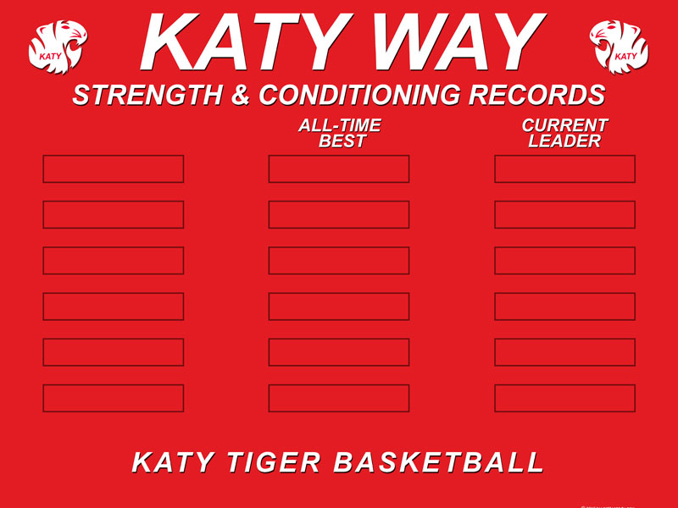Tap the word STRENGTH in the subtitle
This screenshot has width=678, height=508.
[x=147, y=95]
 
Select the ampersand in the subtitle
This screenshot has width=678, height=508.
[x=241, y=95]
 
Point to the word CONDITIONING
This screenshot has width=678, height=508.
[x=359, y=95]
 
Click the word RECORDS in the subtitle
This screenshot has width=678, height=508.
[x=537, y=95]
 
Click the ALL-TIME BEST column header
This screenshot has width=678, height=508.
[x=340, y=134]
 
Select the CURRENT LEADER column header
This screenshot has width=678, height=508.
[x=564, y=134]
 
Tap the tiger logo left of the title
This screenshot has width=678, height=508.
[x=58, y=47]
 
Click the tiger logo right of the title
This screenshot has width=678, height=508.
[x=619, y=47]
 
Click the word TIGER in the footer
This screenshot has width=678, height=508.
[x=274, y=462]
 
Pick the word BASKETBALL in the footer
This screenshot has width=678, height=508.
[x=439, y=462]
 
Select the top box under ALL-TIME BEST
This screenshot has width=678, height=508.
[x=339, y=168]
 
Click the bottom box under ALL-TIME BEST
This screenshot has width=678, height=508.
[x=339, y=398]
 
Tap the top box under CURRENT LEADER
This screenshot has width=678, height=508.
[x=564, y=168]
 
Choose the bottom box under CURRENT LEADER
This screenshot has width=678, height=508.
[x=564, y=398]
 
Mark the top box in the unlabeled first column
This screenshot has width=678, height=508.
[x=114, y=168]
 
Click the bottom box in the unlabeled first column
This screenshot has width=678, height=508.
[x=114, y=398]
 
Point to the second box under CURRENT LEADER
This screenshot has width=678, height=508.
[x=564, y=215]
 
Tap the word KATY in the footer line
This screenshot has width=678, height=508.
[x=173, y=462]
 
